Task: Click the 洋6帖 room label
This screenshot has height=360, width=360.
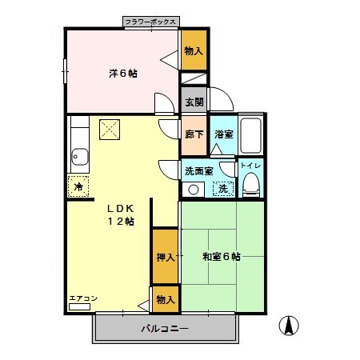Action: [122, 73]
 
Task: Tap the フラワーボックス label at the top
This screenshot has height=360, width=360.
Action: [151, 22]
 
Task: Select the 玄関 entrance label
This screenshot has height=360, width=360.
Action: [194, 102]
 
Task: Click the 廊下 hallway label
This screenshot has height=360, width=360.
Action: [194, 134]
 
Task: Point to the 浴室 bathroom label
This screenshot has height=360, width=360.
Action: [223, 135]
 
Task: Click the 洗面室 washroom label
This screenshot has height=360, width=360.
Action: [198, 170]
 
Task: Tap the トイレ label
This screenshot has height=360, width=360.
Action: [250, 166]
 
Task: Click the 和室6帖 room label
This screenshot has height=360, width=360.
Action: [220, 257]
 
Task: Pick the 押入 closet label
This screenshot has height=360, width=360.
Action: [165, 257]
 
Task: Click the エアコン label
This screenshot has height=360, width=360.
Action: [82, 299]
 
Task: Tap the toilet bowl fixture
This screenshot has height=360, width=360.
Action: [251, 186]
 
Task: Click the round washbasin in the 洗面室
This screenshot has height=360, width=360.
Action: [192, 189]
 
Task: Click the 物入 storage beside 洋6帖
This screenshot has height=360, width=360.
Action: [194, 51]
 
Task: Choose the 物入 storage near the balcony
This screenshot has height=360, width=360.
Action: [165, 299]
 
